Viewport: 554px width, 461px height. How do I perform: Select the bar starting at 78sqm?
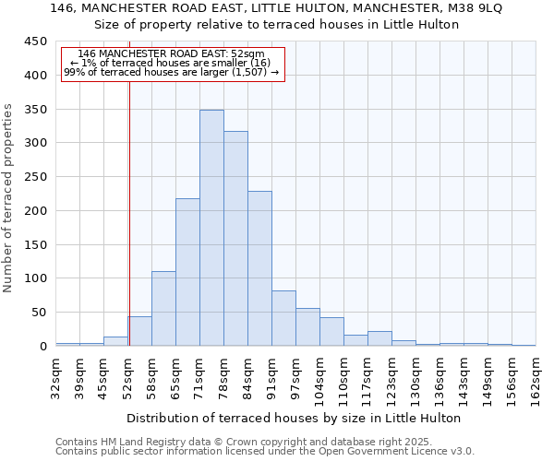pos(235,239)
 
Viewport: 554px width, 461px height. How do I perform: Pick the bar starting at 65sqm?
pos(187,272)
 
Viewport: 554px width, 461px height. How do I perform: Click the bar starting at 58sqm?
pos(163,309)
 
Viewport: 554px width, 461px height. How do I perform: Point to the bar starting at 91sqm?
pos(283,318)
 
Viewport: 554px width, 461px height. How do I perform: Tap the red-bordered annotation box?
pos(173,64)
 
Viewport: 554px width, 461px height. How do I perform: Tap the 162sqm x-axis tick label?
pos(536,378)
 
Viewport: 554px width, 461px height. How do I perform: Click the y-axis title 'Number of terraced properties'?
pos(8,198)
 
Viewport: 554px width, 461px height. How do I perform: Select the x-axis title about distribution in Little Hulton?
pos(293,418)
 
